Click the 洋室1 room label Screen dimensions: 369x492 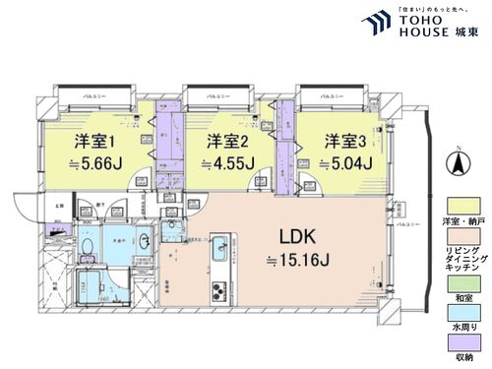tap(90, 141)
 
